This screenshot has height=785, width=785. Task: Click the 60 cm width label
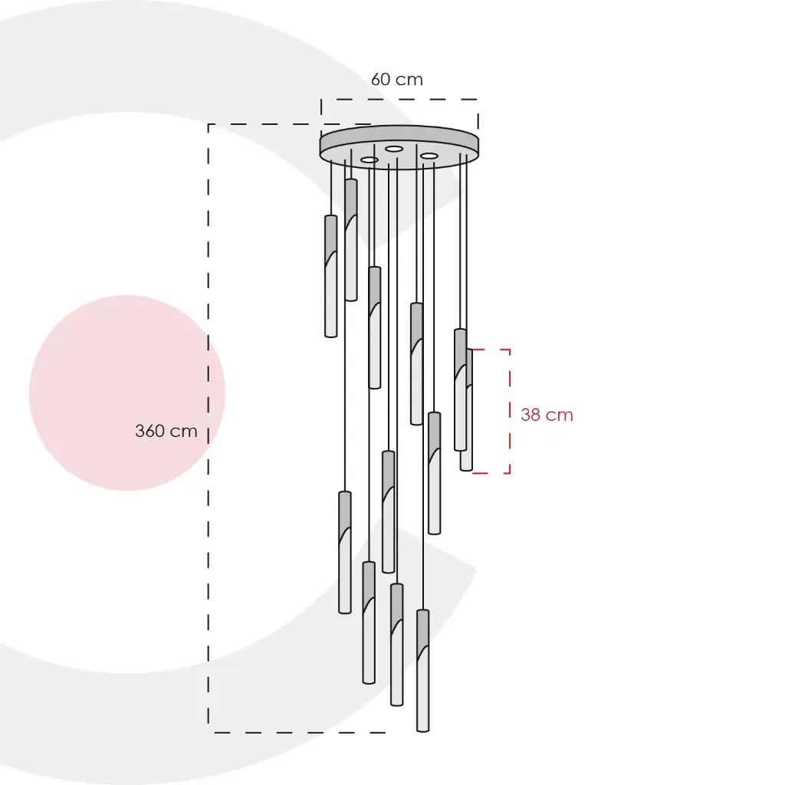[x=397, y=79]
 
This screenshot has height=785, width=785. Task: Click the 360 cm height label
[x=166, y=431]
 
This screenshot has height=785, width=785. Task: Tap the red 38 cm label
[x=547, y=415]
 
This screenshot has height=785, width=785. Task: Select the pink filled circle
[x=127, y=392]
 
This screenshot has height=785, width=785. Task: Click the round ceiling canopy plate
[x=399, y=146]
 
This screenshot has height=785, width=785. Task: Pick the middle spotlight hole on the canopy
[x=394, y=149]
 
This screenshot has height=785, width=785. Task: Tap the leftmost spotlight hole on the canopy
[x=370, y=159]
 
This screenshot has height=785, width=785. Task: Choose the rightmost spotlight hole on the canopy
[x=429, y=156]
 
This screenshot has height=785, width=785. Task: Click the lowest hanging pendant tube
[x=423, y=670]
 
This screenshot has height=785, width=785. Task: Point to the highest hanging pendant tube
[x=351, y=240]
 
